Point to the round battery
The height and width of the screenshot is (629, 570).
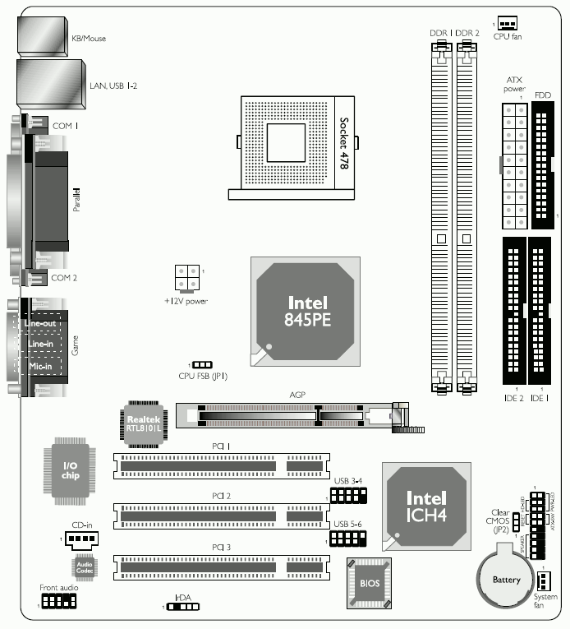[x=506, y=575]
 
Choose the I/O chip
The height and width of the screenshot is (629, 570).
[x=71, y=471]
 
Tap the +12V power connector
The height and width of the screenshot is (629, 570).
[x=186, y=276]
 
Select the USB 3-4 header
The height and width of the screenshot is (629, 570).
[x=348, y=495]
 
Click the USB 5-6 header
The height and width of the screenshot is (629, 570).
[x=348, y=539]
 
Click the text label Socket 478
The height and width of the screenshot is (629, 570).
[x=345, y=143]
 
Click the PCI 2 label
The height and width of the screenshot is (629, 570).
[x=221, y=497]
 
